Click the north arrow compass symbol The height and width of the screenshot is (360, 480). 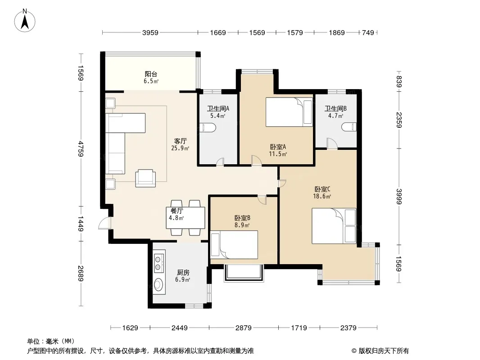pyautogui.click(x=25, y=21)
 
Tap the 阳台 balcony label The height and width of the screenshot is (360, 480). pyautogui.click(x=151, y=74)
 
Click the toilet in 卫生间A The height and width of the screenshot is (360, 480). pyautogui.click(x=208, y=127)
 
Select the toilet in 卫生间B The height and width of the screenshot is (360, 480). pyautogui.click(x=349, y=126)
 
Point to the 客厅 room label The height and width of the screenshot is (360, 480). pyautogui.click(x=180, y=141)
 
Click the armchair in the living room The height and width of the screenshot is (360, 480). pyautogui.click(x=145, y=178)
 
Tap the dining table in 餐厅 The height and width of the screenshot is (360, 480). pyautogui.click(x=186, y=218)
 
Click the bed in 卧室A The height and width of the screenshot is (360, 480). pyautogui.click(x=289, y=112)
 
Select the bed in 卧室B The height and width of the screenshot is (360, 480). pyautogui.click(x=234, y=245)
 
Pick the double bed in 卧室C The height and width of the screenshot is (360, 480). pyautogui.click(x=334, y=226)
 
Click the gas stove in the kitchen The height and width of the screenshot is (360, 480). pyautogui.click(x=158, y=263)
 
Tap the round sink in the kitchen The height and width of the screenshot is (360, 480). pyautogui.click(x=158, y=284)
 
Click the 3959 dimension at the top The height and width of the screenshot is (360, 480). pyautogui.click(x=150, y=32)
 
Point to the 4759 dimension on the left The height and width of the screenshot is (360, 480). pyautogui.click(x=81, y=148)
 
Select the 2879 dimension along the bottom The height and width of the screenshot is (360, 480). pyautogui.click(x=243, y=328)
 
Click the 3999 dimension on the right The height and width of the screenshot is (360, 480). pyautogui.click(x=399, y=196)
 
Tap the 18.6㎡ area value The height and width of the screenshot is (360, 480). pyautogui.click(x=322, y=196)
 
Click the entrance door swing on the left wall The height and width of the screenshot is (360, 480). pyautogui.click(x=104, y=223)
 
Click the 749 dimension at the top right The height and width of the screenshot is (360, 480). pyautogui.click(x=368, y=32)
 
